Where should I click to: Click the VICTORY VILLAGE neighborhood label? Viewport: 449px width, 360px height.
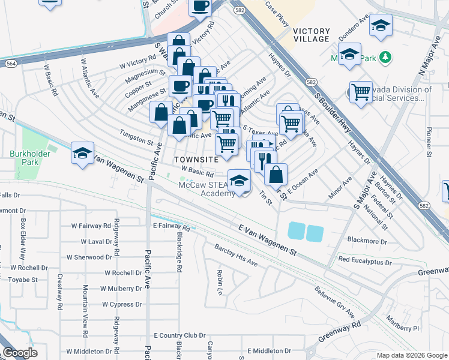[312, 35]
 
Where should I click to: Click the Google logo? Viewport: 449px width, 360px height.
[20, 352]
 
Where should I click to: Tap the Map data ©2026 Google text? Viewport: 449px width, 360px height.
[411, 355]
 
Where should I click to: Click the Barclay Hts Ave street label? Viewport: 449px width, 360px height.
[236, 256]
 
